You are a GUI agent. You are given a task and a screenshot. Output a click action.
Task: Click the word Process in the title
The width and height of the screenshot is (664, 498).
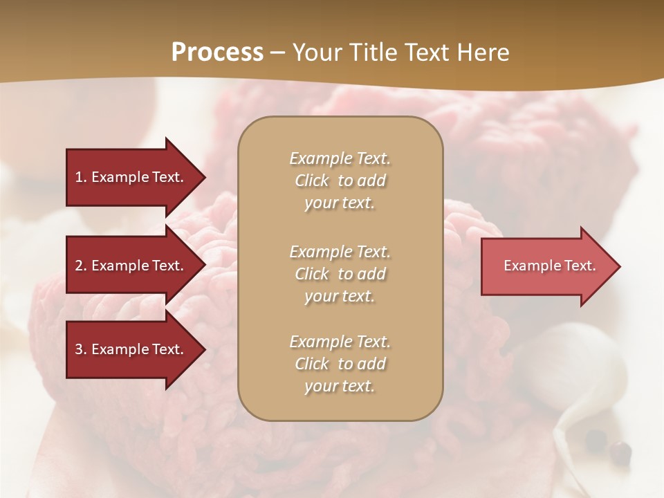click(x=217, y=53)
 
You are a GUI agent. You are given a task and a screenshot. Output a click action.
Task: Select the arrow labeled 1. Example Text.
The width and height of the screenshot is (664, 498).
click(x=131, y=177)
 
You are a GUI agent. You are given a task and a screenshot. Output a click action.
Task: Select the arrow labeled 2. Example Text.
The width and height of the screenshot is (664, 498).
click(x=131, y=266)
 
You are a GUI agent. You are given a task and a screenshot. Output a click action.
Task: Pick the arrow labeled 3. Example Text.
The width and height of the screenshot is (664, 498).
click(x=131, y=349)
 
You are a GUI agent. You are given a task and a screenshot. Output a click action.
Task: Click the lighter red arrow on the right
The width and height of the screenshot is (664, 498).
click(x=546, y=266)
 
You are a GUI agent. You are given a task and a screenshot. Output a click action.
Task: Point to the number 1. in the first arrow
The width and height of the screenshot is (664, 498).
click(x=80, y=177)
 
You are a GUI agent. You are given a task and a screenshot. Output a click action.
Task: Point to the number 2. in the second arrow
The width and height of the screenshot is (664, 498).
click(x=81, y=266)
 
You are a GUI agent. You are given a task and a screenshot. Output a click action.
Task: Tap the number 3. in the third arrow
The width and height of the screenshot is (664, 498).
click(x=81, y=349)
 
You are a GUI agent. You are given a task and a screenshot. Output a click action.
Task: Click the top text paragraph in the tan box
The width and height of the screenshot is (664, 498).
click(x=340, y=181)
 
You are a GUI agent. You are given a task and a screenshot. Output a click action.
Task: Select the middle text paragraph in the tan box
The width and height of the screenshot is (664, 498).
click(x=340, y=274)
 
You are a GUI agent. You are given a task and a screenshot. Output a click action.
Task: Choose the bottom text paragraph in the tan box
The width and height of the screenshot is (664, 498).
click(x=340, y=364)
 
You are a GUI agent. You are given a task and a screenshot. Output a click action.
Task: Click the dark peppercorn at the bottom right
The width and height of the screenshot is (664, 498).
click(x=620, y=452)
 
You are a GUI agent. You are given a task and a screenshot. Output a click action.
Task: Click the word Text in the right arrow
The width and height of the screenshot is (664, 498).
click(x=580, y=266)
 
